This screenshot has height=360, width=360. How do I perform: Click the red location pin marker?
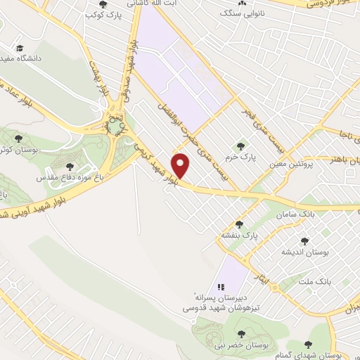[x=181, y=166]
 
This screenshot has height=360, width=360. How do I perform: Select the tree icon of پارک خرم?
[x=241, y=147]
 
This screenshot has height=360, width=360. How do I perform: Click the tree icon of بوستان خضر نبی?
[x=241, y=334]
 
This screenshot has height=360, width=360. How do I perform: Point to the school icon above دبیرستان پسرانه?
[x=221, y=287]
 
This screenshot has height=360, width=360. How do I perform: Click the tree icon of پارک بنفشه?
[x=239, y=225]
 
